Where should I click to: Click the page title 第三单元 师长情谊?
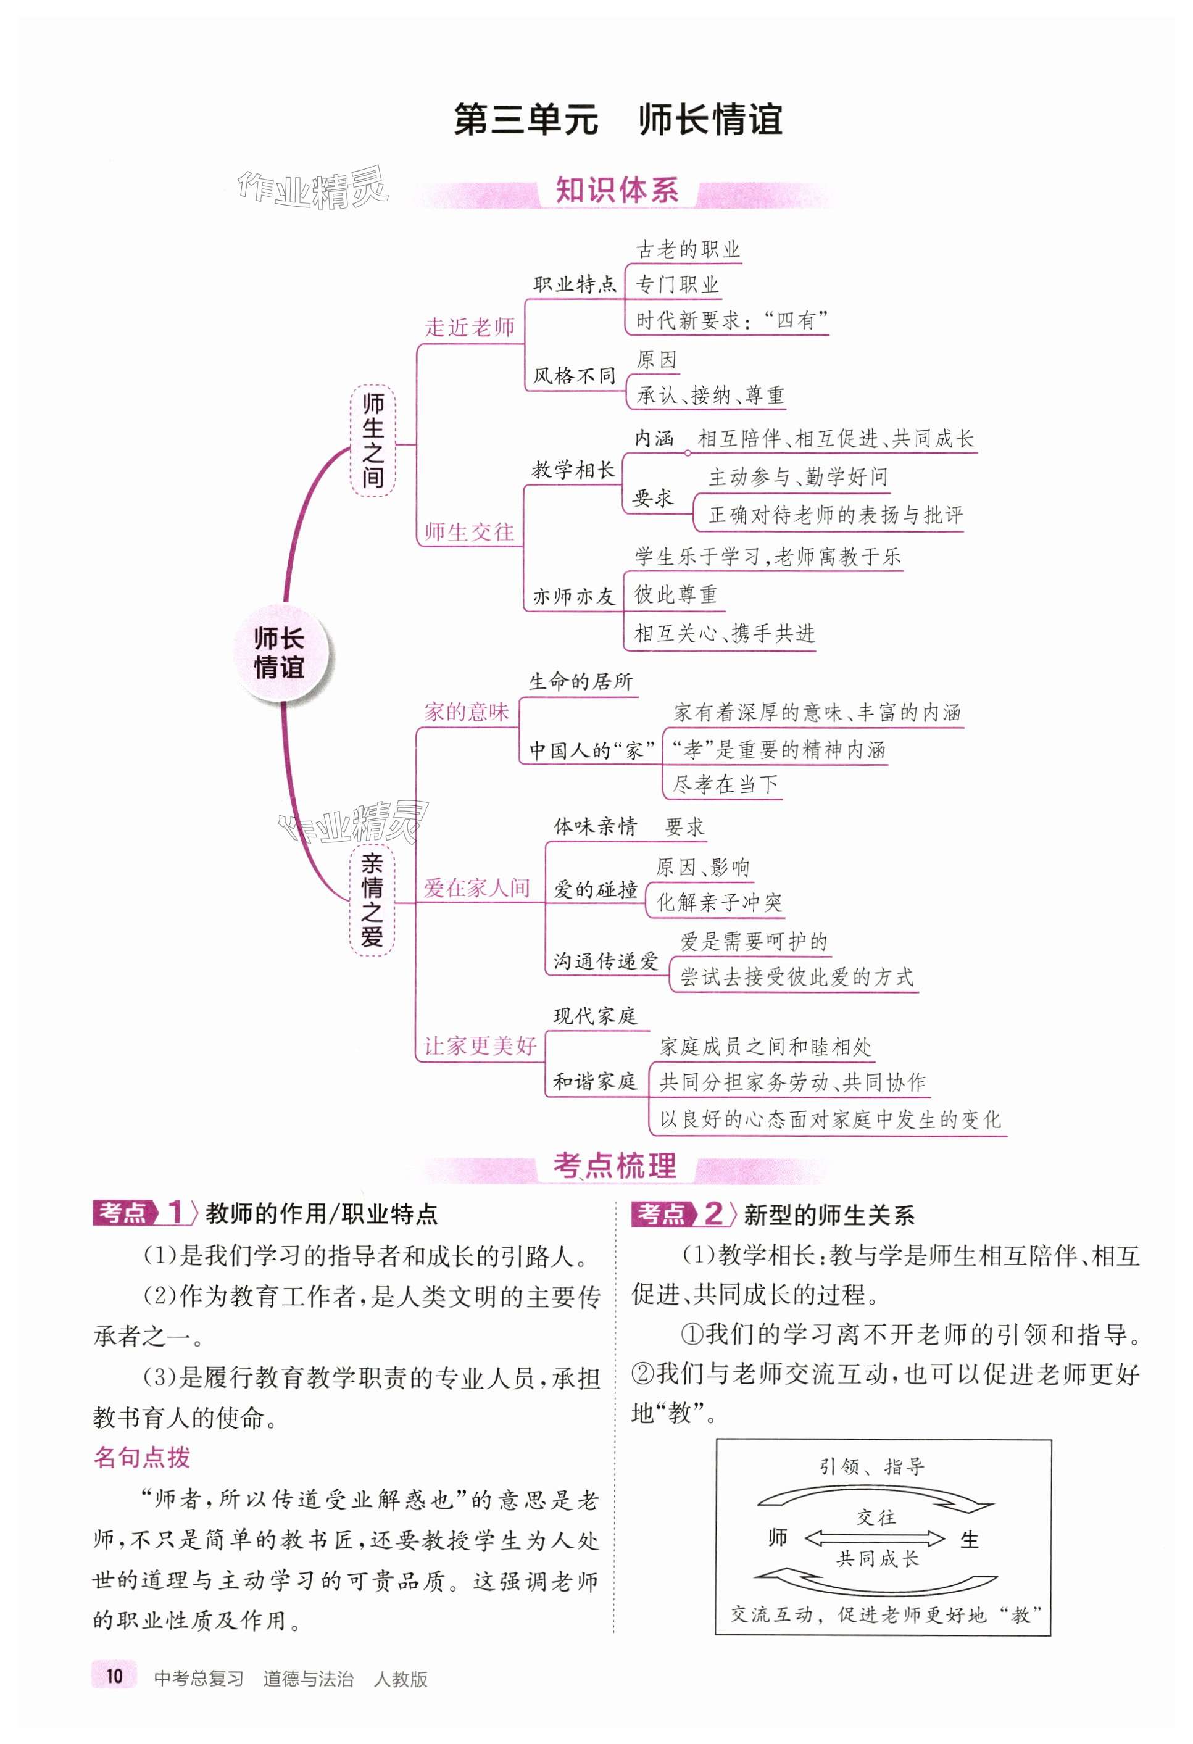[618, 119]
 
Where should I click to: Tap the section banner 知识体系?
[617, 191]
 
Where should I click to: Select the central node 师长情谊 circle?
[279, 653]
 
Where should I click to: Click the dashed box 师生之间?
[373, 441]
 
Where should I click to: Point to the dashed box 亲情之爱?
[372, 900]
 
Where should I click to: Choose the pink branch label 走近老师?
[470, 327]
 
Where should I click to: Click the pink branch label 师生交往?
[469, 532]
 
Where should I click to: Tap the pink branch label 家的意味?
[466, 712]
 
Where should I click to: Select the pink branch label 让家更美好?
[480, 1045]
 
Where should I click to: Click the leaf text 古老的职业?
[688, 249]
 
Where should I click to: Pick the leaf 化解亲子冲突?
[719, 902]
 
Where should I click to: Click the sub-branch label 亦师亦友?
[574, 596]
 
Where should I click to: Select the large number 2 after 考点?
[713, 1213]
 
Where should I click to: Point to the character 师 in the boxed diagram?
[777, 1538]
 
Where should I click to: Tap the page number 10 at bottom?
[114, 1675]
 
